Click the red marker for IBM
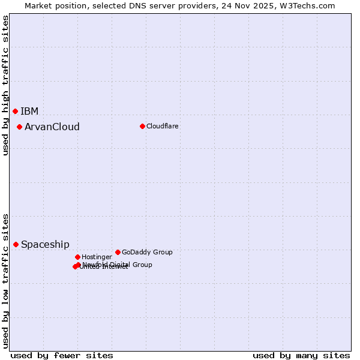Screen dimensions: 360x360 pyautogui.click(x=16, y=111)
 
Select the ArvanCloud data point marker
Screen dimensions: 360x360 pyautogui.click(x=20, y=127)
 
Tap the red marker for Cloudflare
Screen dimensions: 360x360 pyautogui.click(x=142, y=126)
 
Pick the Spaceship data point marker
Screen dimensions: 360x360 pyautogui.click(x=16, y=244)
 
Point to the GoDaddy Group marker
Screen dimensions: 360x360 pyautogui.click(x=118, y=252)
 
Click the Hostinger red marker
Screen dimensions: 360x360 pyautogui.click(x=77, y=257)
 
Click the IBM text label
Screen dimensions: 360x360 pyautogui.click(x=29, y=111)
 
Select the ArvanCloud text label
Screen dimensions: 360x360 pyautogui.click(x=52, y=127)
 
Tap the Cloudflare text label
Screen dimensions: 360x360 pyautogui.click(x=163, y=126)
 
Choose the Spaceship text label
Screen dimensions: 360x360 pyautogui.click(x=45, y=244)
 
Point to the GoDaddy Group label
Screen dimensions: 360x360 pyautogui.click(x=147, y=252)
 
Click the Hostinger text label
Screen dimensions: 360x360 pyautogui.click(x=97, y=257)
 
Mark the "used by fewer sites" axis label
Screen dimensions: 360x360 pyautogui.click(x=62, y=355)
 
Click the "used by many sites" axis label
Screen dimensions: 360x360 pyautogui.click(x=301, y=355)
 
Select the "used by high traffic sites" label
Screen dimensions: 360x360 pyautogui.click(x=5, y=85)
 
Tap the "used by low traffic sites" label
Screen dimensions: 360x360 pyautogui.click(x=5, y=281)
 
